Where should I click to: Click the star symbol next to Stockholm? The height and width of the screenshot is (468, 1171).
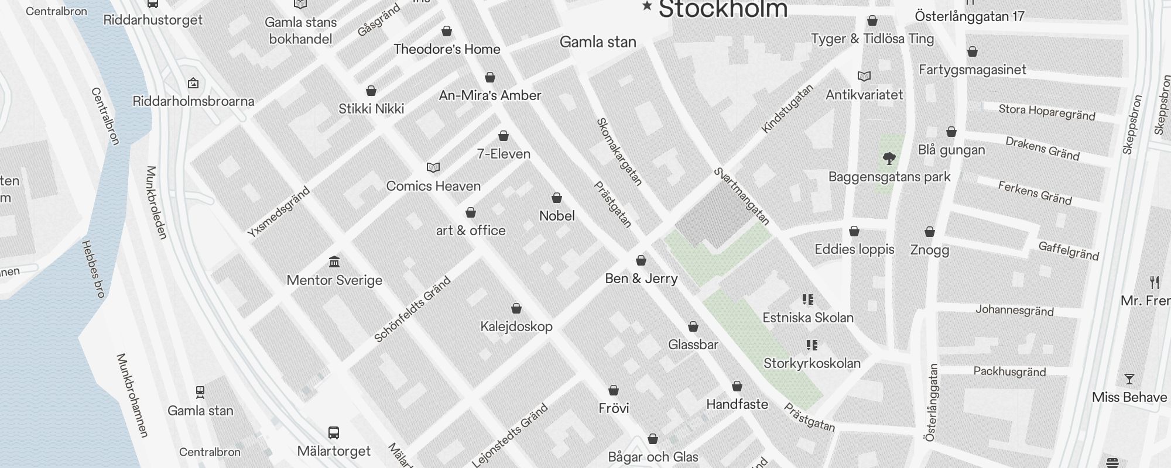(647, 6)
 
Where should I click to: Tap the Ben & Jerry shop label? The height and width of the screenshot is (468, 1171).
(641, 278)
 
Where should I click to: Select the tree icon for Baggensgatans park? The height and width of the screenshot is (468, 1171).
(889, 158)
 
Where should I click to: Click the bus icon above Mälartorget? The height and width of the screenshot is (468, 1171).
(334, 433)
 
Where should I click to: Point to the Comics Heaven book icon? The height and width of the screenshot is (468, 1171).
(433, 168)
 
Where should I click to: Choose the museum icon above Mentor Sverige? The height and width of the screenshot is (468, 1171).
(334, 261)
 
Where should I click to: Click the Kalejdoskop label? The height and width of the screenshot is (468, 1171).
(516, 326)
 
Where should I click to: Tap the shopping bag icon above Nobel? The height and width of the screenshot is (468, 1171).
(557, 198)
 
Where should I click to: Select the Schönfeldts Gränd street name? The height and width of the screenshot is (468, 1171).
(412, 309)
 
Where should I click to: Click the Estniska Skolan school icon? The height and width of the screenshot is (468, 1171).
(808, 300)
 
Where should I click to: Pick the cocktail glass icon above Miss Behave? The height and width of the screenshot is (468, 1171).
(1129, 379)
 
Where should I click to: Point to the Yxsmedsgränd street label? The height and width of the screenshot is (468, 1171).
(278, 212)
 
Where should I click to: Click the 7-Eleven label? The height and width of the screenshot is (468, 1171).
(504, 154)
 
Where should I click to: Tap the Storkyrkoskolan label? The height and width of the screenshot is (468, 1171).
(812, 363)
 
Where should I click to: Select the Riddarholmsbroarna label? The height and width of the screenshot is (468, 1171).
(193, 101)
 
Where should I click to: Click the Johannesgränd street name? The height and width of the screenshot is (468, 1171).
(1014, 310)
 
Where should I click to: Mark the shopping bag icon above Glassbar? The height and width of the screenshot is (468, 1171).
(693, 326)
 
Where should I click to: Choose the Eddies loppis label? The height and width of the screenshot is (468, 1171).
(854, 249)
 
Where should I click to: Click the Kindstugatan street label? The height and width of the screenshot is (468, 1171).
(787, 109)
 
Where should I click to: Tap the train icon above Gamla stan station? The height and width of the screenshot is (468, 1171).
(200, 391)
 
